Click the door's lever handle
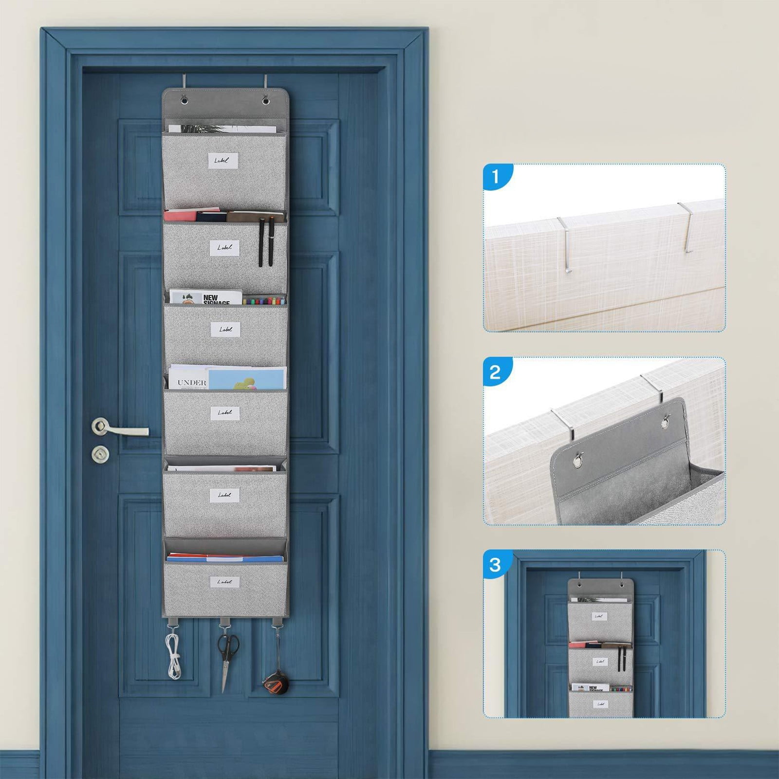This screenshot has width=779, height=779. [122, 429]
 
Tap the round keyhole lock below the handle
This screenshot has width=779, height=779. [100, 454]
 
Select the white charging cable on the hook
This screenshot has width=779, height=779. [174, 652]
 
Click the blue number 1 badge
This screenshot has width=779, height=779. [496, 176]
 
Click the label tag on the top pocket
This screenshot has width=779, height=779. [223, 160]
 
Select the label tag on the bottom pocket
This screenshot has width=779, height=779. [224, 581]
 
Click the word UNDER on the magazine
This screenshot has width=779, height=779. [192, 383]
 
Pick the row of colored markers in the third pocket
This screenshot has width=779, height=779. [263, 301]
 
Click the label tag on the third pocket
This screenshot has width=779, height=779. [225, 330]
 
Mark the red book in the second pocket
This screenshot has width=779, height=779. [180, 216]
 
